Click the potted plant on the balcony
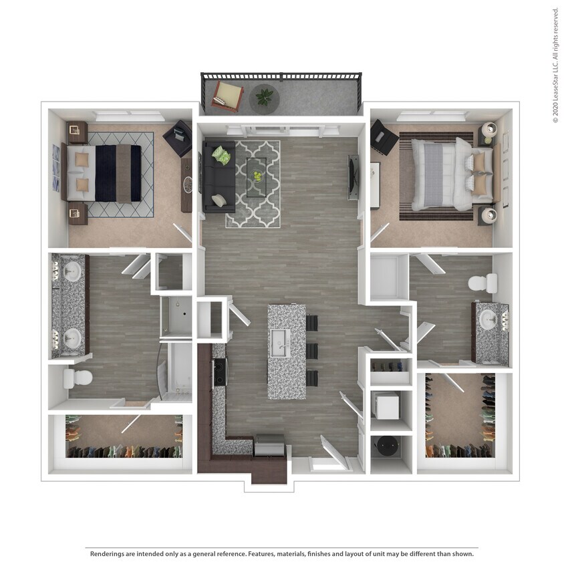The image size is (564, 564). point(265,98)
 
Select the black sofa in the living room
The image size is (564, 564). point(219,174)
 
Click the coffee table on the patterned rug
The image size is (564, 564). point(256,177)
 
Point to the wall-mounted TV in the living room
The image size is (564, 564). point(352,178)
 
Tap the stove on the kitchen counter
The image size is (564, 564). point(219,372)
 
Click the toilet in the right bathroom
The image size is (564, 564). point(482,283)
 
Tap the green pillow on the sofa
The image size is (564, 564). point(221,156)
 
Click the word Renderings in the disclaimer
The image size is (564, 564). point(107,554)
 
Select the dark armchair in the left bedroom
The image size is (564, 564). point(178,138)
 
